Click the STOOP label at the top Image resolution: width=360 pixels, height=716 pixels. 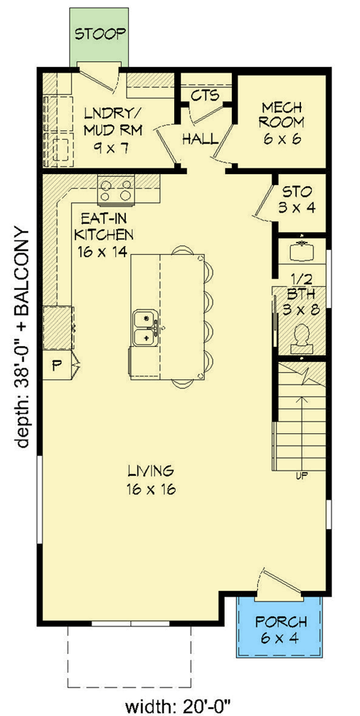pos(101,33)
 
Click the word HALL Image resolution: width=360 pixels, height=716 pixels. pos(200,138)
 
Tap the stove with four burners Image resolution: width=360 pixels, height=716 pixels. pos(117,190)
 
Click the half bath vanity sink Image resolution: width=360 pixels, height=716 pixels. pos(302,251)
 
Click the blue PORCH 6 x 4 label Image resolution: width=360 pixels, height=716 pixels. pos(282,629)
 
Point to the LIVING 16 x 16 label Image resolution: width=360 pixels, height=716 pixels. pos(150,481)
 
